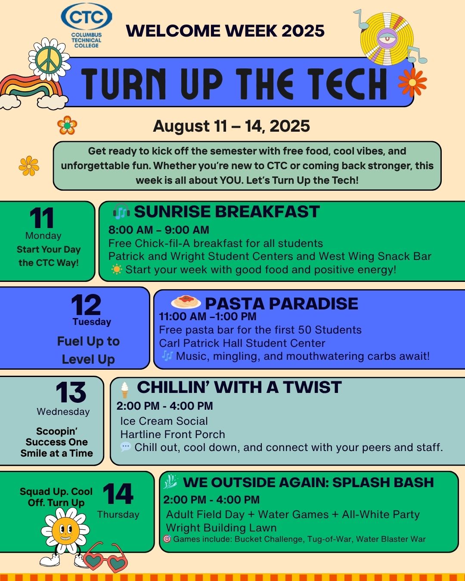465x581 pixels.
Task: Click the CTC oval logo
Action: coord(87,16)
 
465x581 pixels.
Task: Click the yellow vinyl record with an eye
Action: coord(387,39)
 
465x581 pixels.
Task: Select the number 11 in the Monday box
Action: coord(42,218)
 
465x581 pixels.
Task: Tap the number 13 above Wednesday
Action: coord(71,392)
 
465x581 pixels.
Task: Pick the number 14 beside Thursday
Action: coord(118,494)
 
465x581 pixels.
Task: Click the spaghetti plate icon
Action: coord(186,302)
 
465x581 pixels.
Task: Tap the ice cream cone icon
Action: coord(124,390)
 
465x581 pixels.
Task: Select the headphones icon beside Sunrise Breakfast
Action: coord(121,211)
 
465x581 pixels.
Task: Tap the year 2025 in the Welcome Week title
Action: coord(303,31)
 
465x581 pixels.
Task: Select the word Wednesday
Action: coord(63,412)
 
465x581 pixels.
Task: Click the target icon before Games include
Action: coord(167,539)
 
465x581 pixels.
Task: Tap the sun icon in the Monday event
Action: coord(116,269)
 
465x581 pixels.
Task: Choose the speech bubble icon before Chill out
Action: coord(126,447)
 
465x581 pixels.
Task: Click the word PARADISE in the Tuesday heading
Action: coord(313,303)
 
